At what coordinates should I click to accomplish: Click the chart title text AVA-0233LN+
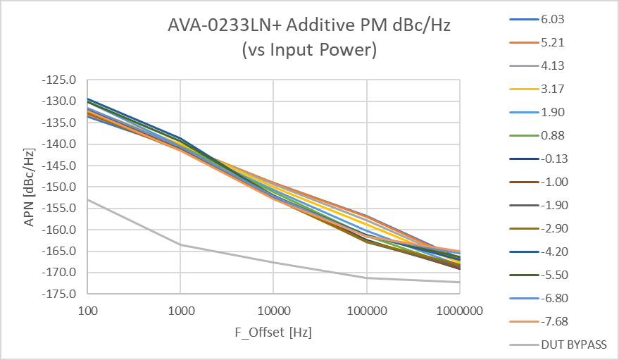[308, 27]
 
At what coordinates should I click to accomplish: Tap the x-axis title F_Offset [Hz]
[273, 331]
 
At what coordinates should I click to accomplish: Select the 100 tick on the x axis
[87, 311]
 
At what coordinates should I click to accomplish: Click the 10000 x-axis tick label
[273, 311]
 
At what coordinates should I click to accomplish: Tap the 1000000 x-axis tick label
[459, 311]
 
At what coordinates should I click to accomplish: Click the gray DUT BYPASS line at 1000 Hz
[180, 244]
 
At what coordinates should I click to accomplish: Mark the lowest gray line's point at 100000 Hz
[366, 278]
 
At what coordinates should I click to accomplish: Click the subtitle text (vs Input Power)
[308, 51]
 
